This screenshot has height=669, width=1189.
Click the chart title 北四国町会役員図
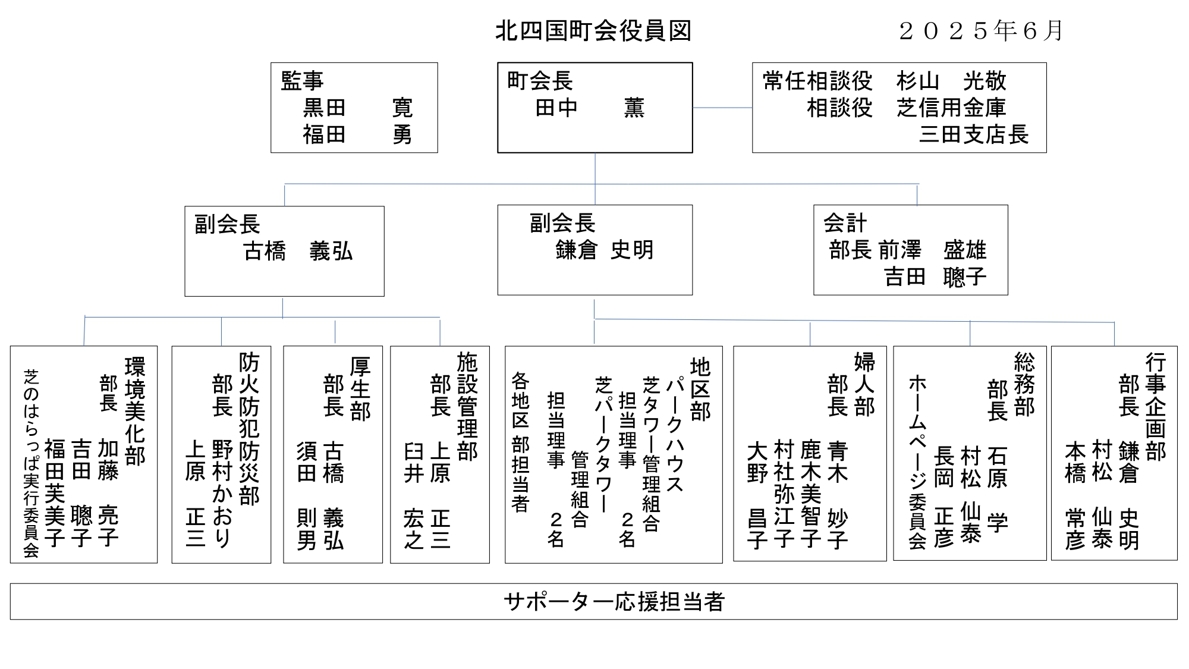593,32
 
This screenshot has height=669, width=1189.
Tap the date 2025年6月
981,31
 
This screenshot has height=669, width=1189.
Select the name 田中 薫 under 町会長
589,108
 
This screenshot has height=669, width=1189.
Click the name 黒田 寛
357,108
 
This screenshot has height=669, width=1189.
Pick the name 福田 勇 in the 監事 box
357,134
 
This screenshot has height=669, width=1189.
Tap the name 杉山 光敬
951,81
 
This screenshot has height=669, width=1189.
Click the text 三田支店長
974,134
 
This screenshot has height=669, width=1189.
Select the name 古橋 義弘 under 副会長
298,252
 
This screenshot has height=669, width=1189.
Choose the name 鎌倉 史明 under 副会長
604,250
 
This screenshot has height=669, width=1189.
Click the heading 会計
845,224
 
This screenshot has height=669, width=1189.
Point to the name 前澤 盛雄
932,250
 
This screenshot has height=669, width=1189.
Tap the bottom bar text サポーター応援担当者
614,602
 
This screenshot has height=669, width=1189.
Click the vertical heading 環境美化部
135,410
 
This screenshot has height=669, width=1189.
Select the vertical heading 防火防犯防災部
249,428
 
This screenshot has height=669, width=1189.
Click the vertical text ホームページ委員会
917,461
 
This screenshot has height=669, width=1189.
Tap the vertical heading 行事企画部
1155,407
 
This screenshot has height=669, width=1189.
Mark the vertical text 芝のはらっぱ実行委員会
31,463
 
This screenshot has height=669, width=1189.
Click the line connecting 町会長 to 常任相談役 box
722,108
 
